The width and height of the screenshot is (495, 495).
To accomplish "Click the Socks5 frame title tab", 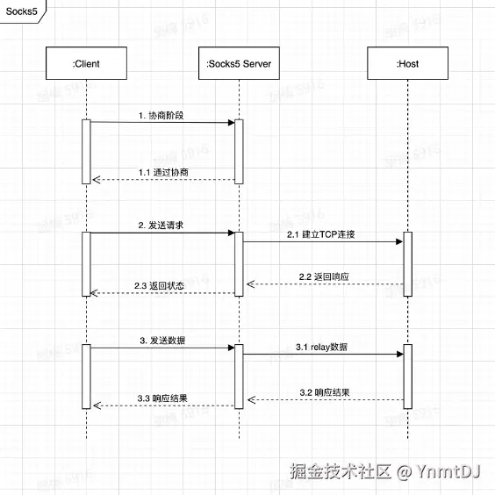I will pyautogui.click(x=22, y=10).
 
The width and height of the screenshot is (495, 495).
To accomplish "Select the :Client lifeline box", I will pyautogui.click(x=86, y=63).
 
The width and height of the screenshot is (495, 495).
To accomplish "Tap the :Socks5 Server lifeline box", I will pyautogui.click(x=239, y=63).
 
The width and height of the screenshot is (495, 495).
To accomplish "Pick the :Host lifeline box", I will pyautogui.click(x=407, y=63).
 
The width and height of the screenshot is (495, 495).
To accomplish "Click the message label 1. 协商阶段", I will pyautogui.click(x=161, y=115).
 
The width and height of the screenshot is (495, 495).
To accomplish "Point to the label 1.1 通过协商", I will pyautogui.click(x=163, y=172).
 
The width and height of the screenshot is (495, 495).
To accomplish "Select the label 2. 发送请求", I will pyautogui.click(x=161, y=226).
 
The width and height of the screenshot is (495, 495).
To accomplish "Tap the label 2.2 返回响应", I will pyautogui.click(x=323, y=276).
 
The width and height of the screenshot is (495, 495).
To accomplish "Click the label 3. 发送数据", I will pyautogui.click(x=161, y=340).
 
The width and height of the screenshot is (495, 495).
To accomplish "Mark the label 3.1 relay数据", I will pyautogui.click(x=321, y=348).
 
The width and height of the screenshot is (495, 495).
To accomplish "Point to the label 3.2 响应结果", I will pyautogui.click(x=324, y=391).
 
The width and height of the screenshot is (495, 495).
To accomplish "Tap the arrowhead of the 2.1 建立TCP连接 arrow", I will pyautogui.click(x=399, y=240).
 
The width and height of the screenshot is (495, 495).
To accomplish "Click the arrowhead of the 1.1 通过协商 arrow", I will pyautogui.click(x=96, y=180).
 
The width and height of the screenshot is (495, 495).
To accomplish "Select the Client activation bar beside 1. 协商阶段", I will pyautogui.click(x=86, y=151).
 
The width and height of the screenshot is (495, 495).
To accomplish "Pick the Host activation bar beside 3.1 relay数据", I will pyautogui.click(x=407, y=376).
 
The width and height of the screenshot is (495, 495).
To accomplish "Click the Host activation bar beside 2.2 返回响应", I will pyautogui.click(x=407, y=264).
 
